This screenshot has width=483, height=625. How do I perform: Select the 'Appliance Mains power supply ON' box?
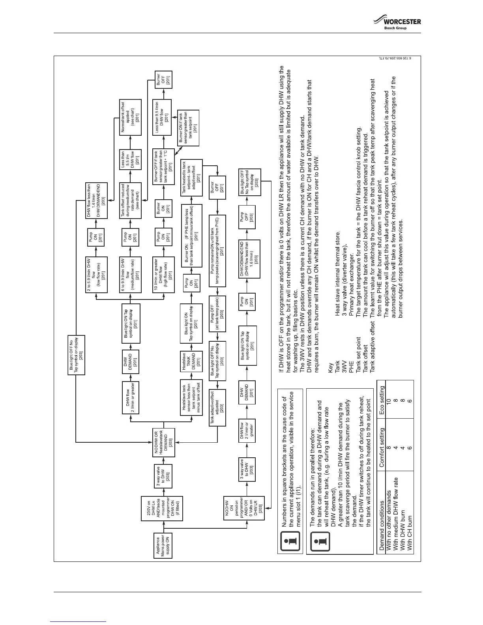click(163, 546)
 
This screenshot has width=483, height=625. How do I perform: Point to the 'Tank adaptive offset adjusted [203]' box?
click(217, 408)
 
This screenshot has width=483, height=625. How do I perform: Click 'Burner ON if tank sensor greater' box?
click(188, 127)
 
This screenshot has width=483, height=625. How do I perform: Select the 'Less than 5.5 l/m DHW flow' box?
click(130, 160)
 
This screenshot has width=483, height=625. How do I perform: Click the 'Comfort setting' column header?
click(382, 450)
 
